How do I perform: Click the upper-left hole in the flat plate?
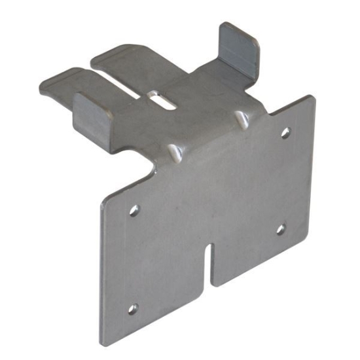pos(134,210)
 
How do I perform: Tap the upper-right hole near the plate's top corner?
pos(285,133)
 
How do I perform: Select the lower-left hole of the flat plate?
pos(132,308)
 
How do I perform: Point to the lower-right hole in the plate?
pos(280,229)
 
